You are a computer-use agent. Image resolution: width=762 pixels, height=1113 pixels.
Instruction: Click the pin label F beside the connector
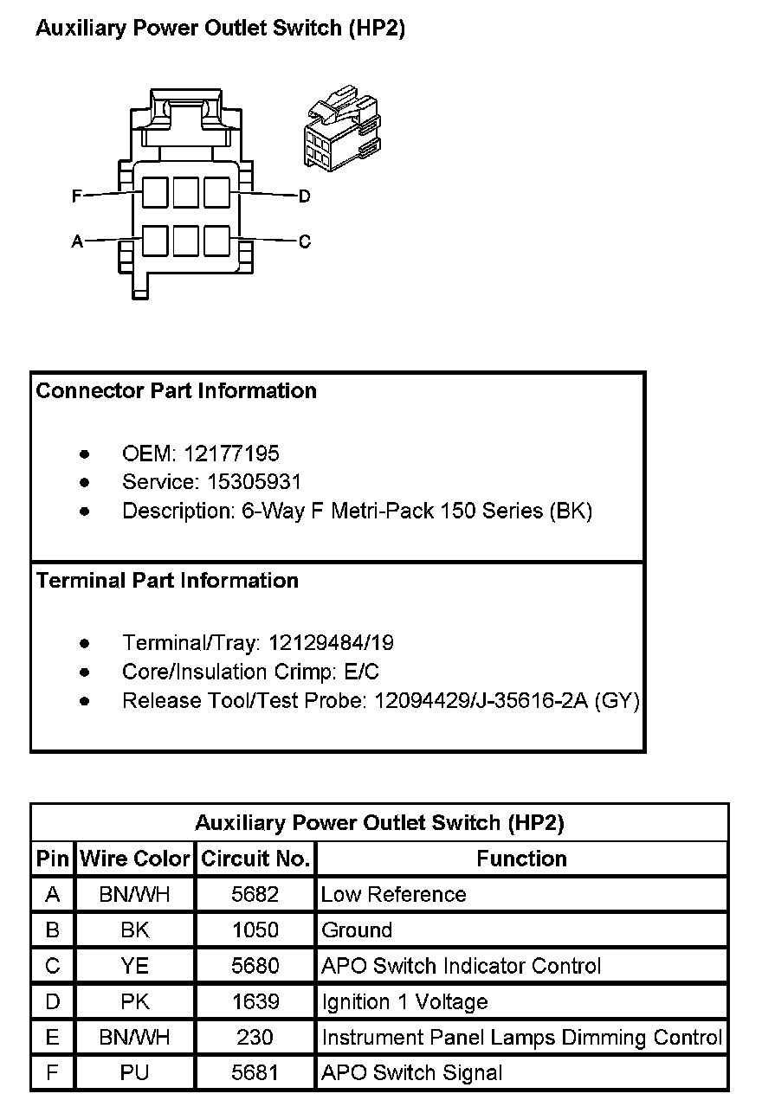point(77,196)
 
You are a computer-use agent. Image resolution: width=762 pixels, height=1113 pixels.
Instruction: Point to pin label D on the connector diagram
point(304,196)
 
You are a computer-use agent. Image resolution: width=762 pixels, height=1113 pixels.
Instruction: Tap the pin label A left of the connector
point(77,241)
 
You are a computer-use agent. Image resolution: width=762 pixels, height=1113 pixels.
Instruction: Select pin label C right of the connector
point(304,241)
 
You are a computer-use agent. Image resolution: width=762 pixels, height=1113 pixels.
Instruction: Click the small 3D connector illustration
point(342,128)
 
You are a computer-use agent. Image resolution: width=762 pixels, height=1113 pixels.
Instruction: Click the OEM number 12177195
point(231,454)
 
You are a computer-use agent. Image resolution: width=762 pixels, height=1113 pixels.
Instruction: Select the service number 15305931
point(250,482)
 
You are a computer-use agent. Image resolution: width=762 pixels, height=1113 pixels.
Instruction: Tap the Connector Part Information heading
point(177,391)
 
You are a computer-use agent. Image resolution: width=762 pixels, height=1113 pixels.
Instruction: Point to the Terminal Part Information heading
point(168,581)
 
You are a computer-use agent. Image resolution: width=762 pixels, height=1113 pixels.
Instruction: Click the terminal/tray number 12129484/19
point(331,643)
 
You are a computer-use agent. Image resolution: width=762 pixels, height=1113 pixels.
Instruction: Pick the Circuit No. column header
point(255,859)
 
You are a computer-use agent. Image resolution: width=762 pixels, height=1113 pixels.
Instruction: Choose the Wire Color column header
point(135,859)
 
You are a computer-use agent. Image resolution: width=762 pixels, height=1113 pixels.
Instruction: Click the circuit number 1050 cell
point(255,930)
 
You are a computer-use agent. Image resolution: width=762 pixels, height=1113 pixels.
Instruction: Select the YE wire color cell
point(135,966)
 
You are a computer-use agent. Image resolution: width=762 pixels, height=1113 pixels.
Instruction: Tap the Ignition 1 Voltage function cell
point(404,1002)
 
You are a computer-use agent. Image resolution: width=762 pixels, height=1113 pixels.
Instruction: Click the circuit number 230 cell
point(255,1038)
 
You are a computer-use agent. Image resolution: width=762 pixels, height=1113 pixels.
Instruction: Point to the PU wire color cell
point(135,1073)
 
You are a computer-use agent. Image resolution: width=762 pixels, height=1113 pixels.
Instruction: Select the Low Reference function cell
point(393,895)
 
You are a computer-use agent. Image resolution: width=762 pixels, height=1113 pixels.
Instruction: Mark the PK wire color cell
point(135,1002)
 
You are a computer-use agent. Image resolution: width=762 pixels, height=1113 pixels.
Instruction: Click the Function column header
point(521,859)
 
